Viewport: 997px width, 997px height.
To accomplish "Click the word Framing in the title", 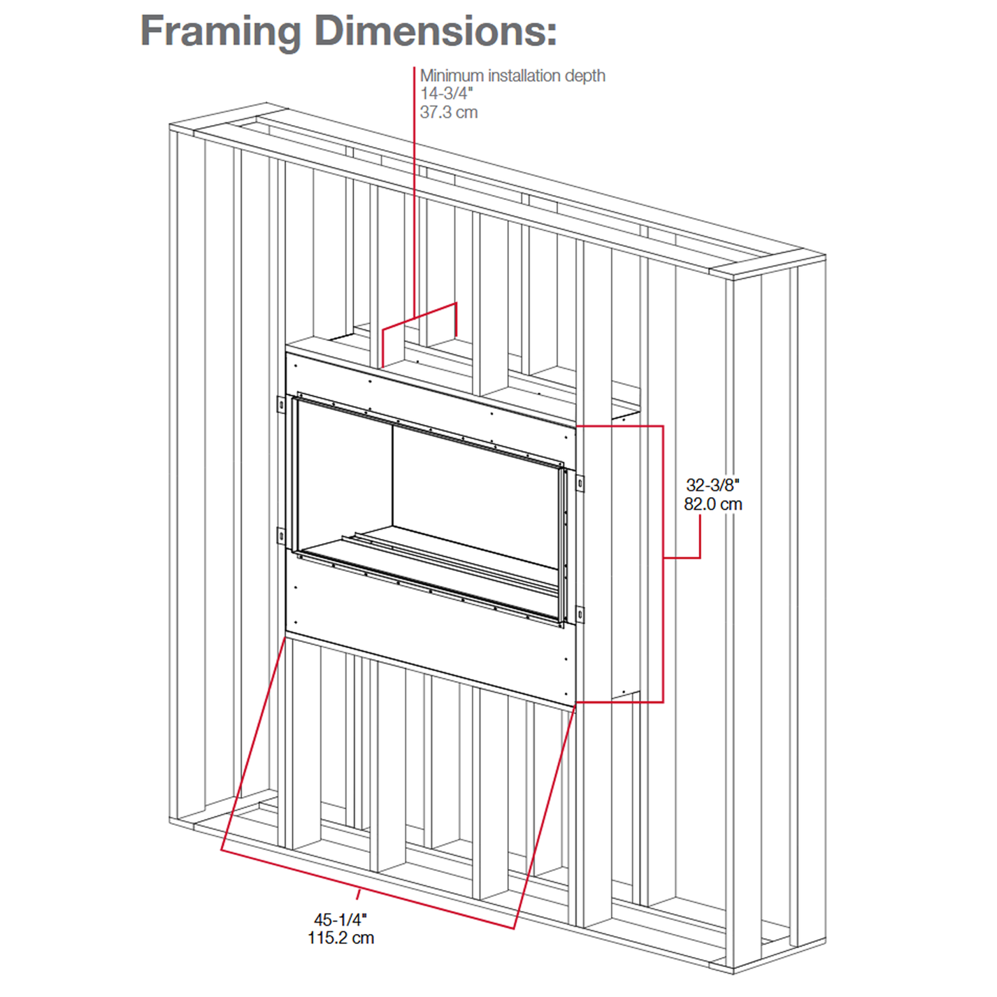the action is (220, 33).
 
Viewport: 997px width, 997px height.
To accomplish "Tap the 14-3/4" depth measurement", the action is (447, 94).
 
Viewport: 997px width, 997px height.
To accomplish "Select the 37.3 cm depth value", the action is (449, 113).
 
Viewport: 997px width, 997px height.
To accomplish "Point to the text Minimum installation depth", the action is (512, 76).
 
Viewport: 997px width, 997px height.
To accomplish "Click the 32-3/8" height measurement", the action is (712, 485).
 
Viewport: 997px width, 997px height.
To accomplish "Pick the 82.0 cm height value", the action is (713, 504).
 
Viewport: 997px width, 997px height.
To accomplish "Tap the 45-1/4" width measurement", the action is (340, 919).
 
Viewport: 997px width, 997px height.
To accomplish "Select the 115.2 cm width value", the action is (340, 938).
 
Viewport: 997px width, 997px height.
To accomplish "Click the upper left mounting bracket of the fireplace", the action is (280, 405).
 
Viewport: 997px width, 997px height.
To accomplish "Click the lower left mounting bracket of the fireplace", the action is (280, 536).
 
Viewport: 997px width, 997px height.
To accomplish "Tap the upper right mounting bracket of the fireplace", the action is (580, 484).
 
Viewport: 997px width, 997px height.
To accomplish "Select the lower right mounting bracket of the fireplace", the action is (580, 615).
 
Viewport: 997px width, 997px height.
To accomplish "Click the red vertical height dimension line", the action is (664, 564).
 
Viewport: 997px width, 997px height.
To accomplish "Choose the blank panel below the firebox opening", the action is (429, 636).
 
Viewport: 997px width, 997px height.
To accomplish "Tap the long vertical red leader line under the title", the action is (415, 192).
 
